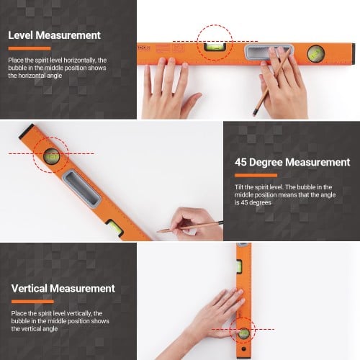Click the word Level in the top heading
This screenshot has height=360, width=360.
pos(24,35)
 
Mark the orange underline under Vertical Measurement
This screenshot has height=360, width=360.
pos(26,302)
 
